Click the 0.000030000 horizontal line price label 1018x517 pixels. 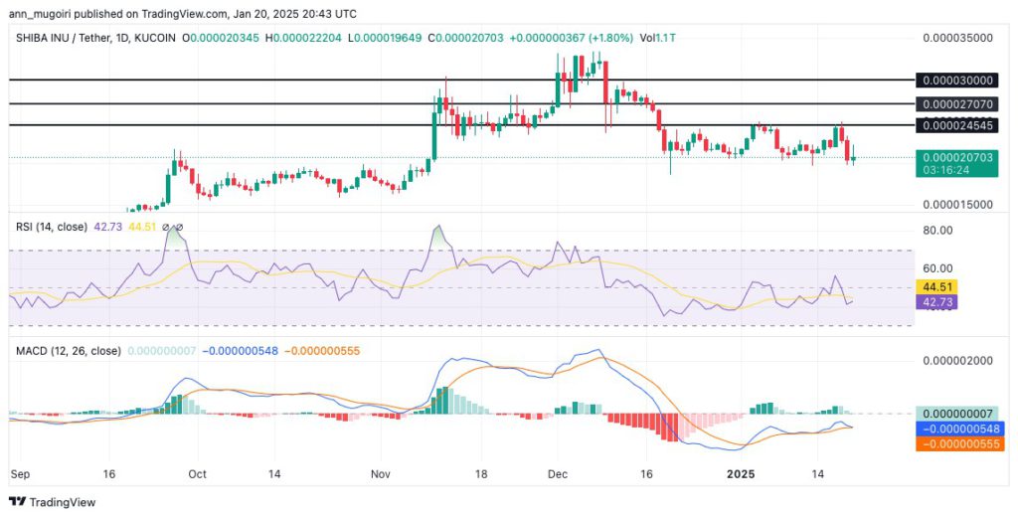pyautogui.click(x=958, y=80)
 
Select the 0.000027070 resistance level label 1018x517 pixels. pyautogui.click(x=958, y=103)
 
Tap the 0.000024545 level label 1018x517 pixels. pyautogui.click(x=958, y=125)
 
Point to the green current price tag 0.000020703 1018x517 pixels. pyautogui.click(x=958, y=157)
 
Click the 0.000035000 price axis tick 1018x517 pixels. pyautogui.click(x=958, y=37)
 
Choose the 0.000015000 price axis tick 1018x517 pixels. pyautogui.click(x=958, y=204)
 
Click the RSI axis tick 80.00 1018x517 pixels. pyautogui.click(x=936, y=230)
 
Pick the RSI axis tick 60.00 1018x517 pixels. pyautogui.click(x=936, y=268)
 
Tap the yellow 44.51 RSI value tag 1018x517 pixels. pyautogui.click(x=936, y=286)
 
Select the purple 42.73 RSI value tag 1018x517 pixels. pyautogui.click(x=936, y=301)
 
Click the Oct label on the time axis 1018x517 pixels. pyautogui.click(x=197, y=475)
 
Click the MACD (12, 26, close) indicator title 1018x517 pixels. pyautogui.click(x=68, y=351)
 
